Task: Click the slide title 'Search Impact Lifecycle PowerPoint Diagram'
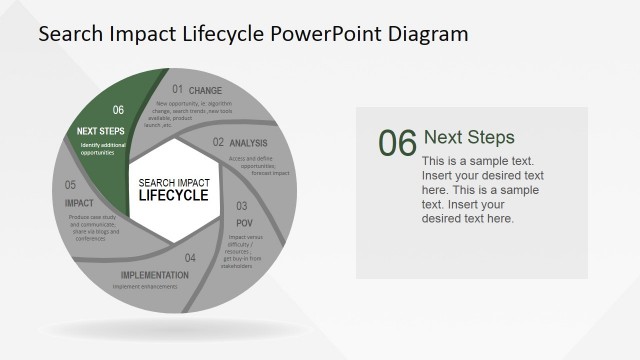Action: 252,34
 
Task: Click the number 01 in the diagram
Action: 177,90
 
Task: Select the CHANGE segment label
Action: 206,91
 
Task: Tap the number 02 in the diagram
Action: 218,142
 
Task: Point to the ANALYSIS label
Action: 248,143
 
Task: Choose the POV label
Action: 243,222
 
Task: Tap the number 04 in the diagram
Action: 190,258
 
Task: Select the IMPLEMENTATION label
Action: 155,275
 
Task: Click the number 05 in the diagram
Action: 71,185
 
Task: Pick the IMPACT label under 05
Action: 79,203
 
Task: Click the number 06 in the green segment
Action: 118,110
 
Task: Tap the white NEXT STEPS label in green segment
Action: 101,131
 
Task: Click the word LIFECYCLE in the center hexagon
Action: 173,195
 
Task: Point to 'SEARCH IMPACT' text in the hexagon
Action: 173,182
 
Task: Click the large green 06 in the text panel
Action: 397,144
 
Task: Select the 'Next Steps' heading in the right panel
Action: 469,137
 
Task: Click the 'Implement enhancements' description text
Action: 146,286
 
